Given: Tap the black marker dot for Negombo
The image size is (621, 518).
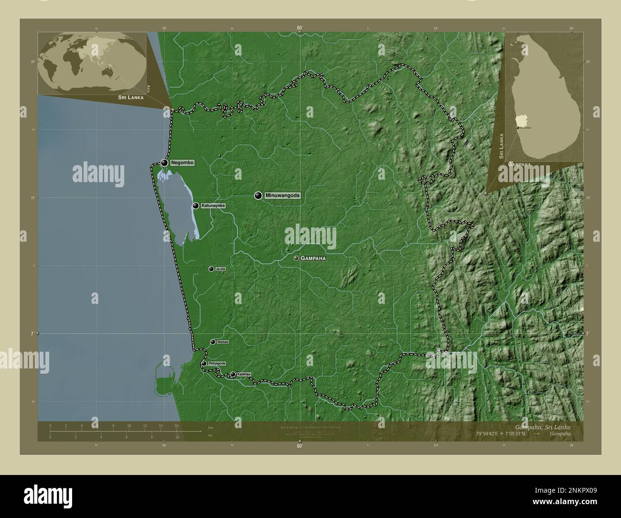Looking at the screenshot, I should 165,163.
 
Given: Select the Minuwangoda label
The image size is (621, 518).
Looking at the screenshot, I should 282,195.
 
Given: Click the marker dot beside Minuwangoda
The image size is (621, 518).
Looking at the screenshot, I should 258,195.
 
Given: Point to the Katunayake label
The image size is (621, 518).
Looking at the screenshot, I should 213,205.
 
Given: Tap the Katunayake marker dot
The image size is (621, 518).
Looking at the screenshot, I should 196,205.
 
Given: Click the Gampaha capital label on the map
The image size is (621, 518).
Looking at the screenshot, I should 313,258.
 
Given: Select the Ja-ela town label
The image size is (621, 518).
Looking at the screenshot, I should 221,269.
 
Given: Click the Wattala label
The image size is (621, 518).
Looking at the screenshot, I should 223,342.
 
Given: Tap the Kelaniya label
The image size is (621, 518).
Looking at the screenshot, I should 244,375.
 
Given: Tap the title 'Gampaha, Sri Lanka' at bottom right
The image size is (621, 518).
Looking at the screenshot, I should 549,426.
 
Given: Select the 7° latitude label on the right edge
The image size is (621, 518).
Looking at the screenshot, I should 587,334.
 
